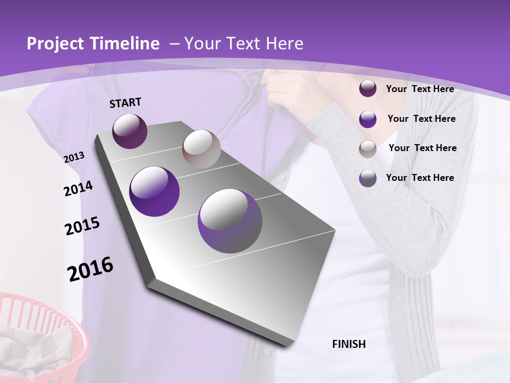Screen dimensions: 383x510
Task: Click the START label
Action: (125, 103)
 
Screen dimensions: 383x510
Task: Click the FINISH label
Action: (348, 344)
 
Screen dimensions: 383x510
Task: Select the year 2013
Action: (74, 157)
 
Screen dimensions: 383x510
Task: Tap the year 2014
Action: (78, 189)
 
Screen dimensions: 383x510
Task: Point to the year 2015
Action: (82, 226)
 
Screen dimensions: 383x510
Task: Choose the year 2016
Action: (90, 269)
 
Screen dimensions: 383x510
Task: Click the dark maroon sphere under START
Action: (130, 131)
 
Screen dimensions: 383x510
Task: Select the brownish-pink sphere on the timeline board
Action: (201, 149)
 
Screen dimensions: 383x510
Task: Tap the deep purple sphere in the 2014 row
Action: (155, 191)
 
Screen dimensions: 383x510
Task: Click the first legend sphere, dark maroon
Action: (368, 89)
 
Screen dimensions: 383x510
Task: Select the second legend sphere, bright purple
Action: (368, 119)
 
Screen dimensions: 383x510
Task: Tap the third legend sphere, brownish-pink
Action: (368, 148)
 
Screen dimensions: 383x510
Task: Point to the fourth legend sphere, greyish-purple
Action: (368, 178)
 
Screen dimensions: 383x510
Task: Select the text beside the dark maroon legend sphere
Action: (420, 89)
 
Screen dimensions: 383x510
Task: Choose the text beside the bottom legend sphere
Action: (420, 178)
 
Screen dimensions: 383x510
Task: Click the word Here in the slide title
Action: (285, 44)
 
